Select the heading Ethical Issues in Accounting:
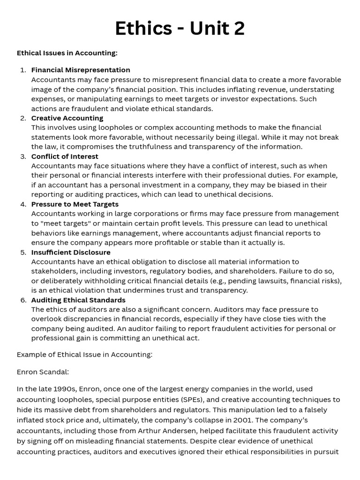tap(67, 53)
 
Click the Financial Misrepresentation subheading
tap(81, 70)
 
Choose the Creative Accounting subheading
tap(67, 118)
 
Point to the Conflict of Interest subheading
tap(65, 156)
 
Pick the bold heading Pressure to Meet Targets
tap(75, 204)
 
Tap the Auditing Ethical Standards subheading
tap(78, 300)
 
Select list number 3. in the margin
tap(23, 156)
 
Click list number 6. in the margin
tap(23, 300)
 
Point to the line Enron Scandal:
tap(43, 372)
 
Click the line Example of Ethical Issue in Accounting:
tap(84, 354)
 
